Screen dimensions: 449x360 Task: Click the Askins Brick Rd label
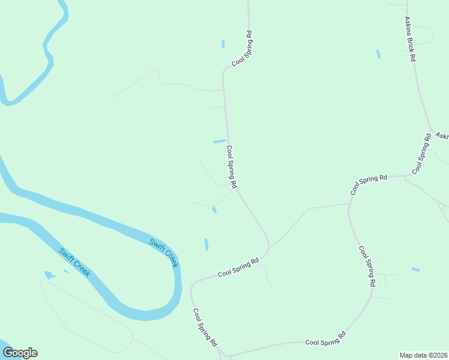411,40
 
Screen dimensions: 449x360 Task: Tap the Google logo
19,353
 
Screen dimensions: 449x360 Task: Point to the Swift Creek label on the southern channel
74,262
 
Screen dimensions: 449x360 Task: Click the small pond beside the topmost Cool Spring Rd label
223,44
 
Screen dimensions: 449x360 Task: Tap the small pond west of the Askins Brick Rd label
378,54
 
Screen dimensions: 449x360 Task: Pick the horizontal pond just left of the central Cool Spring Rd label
220,142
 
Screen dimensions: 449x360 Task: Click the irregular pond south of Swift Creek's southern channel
48,275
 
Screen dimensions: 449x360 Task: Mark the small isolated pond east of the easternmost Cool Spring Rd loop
415,269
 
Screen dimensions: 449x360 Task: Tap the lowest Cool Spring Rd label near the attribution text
325,339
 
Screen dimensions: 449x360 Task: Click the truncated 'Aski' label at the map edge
442,136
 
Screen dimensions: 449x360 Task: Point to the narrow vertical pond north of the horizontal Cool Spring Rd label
206,244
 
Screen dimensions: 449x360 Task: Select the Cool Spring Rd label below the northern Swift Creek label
205,328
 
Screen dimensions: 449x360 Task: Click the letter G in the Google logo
8,353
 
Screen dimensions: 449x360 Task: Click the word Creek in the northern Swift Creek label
171,259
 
